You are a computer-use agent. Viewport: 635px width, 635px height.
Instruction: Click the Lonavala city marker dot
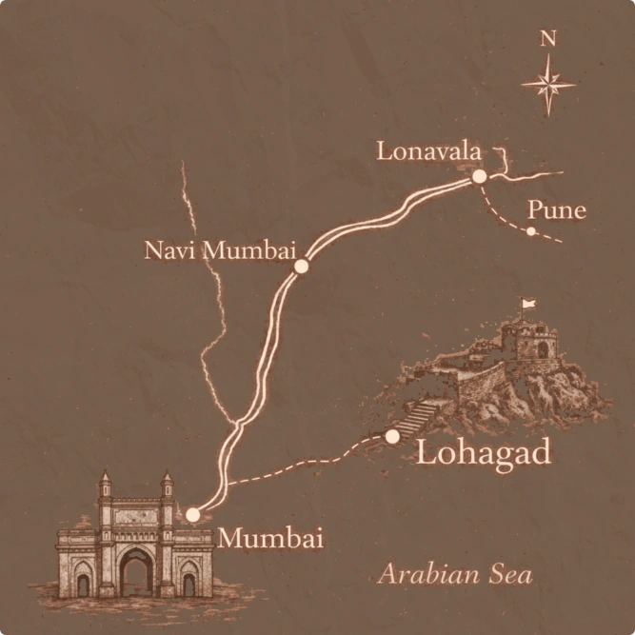(x=480, y=176)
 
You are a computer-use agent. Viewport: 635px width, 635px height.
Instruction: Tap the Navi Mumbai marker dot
(x=302, y=267)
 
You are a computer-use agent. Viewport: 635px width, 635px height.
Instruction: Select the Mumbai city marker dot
(x=193, y=514)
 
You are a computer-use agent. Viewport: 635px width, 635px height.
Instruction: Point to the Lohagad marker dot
(x=392, y=436)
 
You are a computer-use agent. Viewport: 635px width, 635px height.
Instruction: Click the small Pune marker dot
(x=531, y=231)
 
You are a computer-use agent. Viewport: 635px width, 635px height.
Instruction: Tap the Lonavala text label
(x=428, y=150)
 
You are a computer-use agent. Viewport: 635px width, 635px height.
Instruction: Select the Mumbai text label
(x=271, y=538)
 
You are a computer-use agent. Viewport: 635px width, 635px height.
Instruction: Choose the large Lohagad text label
(x=485, y=452)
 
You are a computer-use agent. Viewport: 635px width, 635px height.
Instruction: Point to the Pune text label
(x=556, y=209)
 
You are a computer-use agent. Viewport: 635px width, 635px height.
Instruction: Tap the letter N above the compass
(x=547, y=39)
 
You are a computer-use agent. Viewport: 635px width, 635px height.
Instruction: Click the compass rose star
(x=548, y=85)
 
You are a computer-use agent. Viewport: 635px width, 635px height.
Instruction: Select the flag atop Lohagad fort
(x=527, y=305)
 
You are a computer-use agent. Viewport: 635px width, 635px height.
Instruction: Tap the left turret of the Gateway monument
(x=105, y=485)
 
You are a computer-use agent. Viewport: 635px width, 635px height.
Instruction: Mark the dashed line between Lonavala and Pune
(x=499, y=214)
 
